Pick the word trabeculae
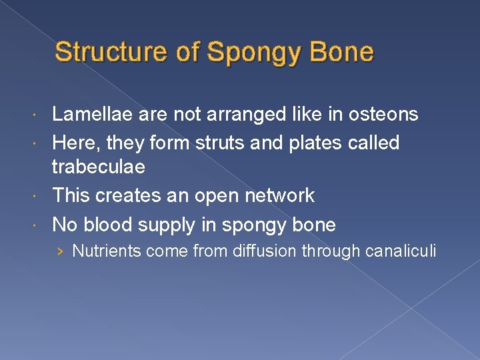point(99,167)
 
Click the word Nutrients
point(107,251)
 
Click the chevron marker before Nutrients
point(61,251)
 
